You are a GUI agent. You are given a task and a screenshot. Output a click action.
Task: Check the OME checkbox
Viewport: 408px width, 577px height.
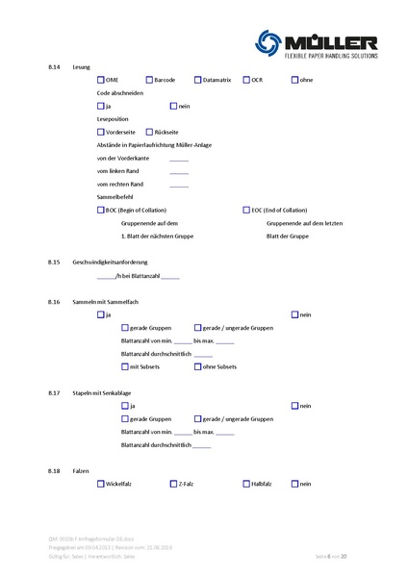click(x=101, y=79)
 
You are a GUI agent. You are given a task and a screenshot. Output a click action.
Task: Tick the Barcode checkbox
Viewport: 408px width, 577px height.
click(x=149, y=79)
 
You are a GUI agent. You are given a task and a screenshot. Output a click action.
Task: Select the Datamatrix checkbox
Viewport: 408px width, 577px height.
click(x=197, y=79)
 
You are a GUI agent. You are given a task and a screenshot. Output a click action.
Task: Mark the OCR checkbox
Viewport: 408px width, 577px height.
click(x=246, y=79)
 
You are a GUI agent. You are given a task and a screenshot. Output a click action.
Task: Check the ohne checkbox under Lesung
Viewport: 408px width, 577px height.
click(x=294, y=79)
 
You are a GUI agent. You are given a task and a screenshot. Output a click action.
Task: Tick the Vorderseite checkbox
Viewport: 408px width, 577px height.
click(x=101, y=132)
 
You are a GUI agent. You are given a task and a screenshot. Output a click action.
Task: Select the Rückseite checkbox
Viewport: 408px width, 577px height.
click(x=149, y=132)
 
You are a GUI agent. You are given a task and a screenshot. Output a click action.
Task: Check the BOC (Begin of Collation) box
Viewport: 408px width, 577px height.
click(x=101, y=210)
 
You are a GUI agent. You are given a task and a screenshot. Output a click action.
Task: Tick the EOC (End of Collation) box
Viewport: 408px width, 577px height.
click(x=246, y=210)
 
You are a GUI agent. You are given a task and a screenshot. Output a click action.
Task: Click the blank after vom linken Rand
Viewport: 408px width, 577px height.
click(x=179, y=171)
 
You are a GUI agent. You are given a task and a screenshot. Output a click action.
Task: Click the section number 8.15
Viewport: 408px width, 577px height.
click(x=54, y=262)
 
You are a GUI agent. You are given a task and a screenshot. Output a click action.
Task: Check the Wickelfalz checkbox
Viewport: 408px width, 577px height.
click(x=101, y=484)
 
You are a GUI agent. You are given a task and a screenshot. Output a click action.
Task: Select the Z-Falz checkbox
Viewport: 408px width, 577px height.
click(x=173, y=484)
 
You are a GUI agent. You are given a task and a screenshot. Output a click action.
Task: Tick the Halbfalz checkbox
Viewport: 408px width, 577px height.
click(x=246, y=484)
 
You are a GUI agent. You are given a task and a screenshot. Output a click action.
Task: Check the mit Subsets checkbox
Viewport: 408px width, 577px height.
click(x=125, y=366)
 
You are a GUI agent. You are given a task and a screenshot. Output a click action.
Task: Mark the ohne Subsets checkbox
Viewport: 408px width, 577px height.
click(x=197, y=366)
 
